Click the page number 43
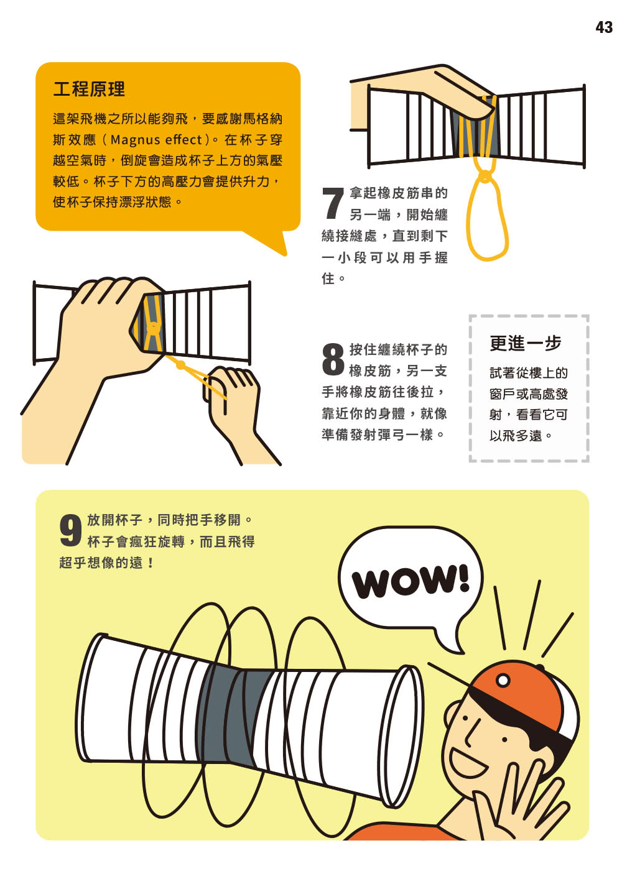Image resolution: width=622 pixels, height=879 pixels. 603,27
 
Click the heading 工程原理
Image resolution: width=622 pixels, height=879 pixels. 89,90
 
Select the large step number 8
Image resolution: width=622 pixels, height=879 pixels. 333,359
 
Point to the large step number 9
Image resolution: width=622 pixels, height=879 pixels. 71,530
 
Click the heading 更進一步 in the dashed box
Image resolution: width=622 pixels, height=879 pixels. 525,343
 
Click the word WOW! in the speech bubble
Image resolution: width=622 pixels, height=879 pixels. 411,581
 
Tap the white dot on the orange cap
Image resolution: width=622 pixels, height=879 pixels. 503,681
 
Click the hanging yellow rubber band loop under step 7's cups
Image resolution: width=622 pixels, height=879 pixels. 487,218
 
